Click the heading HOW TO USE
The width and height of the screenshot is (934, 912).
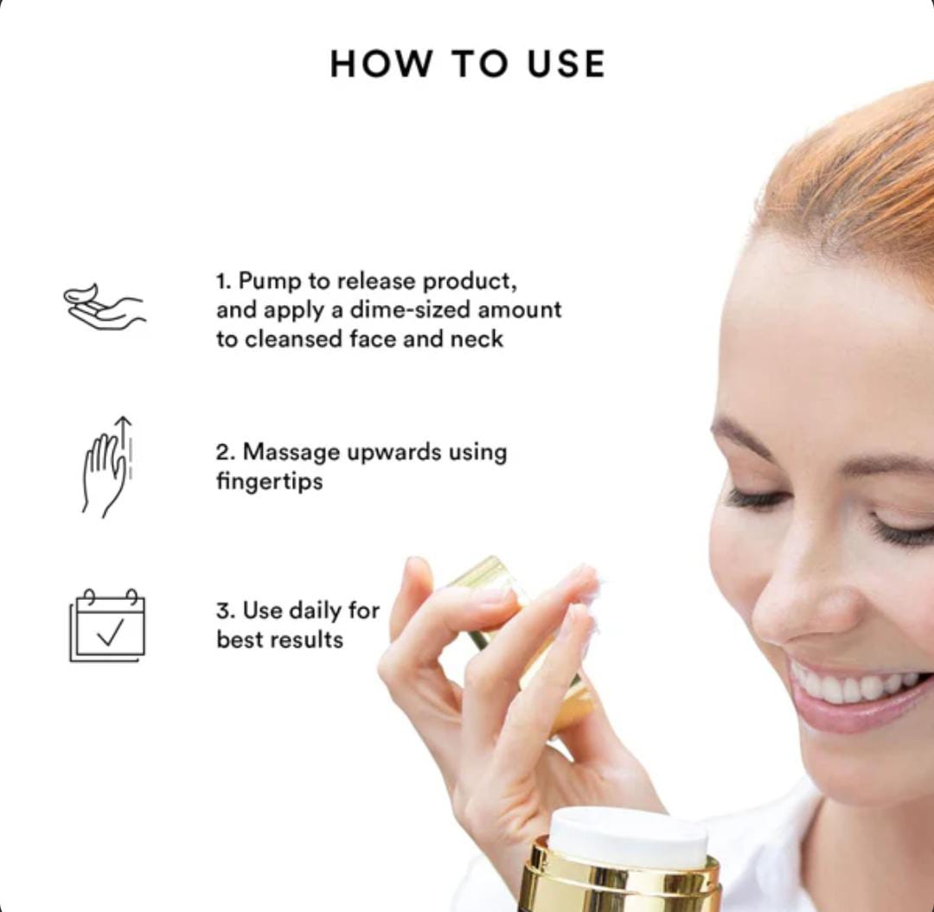tap(468, 64)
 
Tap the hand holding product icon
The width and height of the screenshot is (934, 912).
tap(105, 307)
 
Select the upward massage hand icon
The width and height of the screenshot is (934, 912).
tap(107, 467)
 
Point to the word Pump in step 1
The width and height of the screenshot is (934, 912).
tap(270, 282)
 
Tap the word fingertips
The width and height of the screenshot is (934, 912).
tap(269, 482)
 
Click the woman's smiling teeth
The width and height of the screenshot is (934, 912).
tap(858, 686)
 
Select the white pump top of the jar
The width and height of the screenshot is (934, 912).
tap(628, 838)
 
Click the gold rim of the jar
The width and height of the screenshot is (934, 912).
tap(619, 880)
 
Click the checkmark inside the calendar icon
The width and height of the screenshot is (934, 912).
tap(111, 632)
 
